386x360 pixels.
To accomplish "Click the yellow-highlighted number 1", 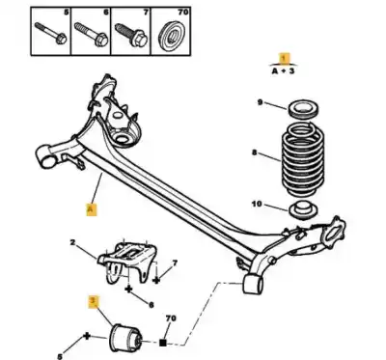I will click(283, 59).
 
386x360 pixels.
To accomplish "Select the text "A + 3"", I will click(283, 70).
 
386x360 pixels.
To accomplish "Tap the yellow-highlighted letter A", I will click(91, 207).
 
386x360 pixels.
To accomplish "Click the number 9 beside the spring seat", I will click(260, 102).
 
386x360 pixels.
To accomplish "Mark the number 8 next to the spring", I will click(256, 152).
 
